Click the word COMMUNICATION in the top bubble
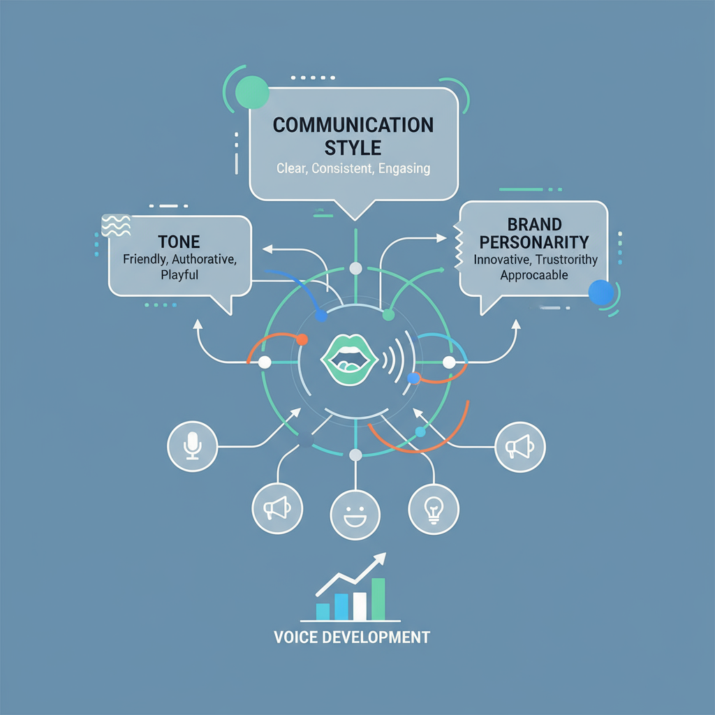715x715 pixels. tap(353, 125)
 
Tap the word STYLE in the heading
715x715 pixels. tap(353, 147)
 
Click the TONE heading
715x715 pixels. tap(179, 242)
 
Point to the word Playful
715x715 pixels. tap(179, 275)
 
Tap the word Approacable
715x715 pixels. tap(535, 275)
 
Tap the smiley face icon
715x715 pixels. tap(355, 515)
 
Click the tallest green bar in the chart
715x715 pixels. tap(378, 599)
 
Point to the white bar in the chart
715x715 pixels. tap(360, 606)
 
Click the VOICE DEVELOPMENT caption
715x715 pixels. tap(352, 637)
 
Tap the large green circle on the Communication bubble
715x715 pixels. tap(252, 92)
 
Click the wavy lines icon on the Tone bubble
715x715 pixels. tap(116, 226)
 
